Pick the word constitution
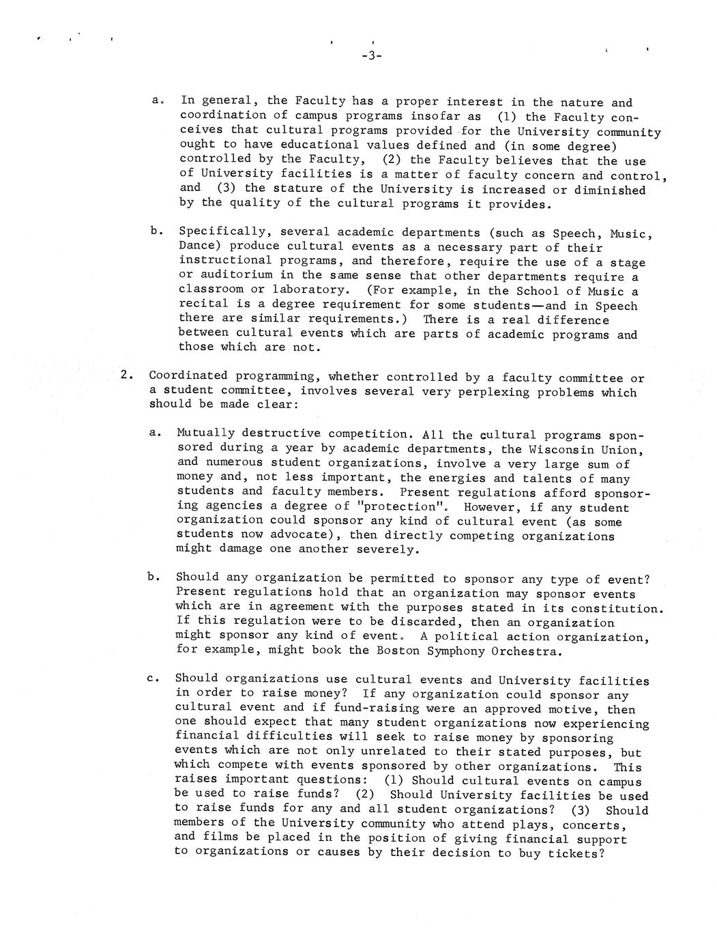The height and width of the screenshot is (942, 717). click(x=616, y=608)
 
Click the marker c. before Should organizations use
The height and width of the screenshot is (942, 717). click(x=152, y=679)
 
